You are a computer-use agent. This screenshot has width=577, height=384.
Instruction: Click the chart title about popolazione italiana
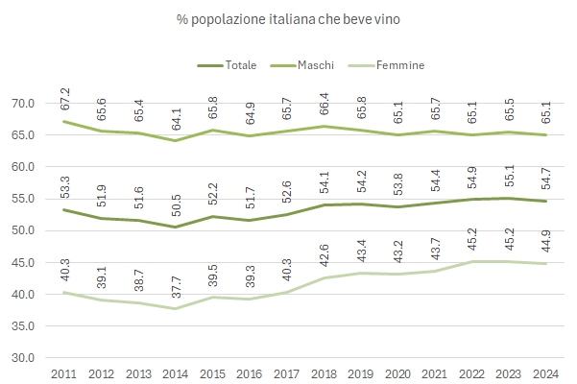click(x=287, y=19)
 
